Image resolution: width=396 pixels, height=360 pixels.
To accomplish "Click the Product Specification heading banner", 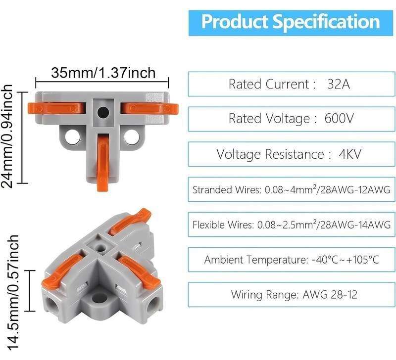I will pos(291,21).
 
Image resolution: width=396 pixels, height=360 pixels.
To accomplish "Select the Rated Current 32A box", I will pos(291,84).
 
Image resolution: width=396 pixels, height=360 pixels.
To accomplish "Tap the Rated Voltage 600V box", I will pos(291,118).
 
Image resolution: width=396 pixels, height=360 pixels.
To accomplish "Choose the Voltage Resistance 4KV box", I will pos(291,154).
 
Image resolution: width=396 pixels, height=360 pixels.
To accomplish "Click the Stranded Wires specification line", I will pos(291,189).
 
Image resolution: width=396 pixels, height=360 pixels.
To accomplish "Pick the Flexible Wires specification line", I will pos(291,225).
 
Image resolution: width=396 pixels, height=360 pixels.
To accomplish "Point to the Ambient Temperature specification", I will pos(291,260).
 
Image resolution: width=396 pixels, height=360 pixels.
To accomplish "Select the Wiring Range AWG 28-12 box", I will pos(291,295).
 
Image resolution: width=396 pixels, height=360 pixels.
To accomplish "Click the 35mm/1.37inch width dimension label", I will pos(103,73).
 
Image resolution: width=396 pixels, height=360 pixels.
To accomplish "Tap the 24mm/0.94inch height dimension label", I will pos(8,136).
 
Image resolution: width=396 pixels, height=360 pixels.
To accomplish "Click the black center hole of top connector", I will pos(102,112).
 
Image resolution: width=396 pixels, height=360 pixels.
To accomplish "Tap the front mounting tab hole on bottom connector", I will pos(100,298).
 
